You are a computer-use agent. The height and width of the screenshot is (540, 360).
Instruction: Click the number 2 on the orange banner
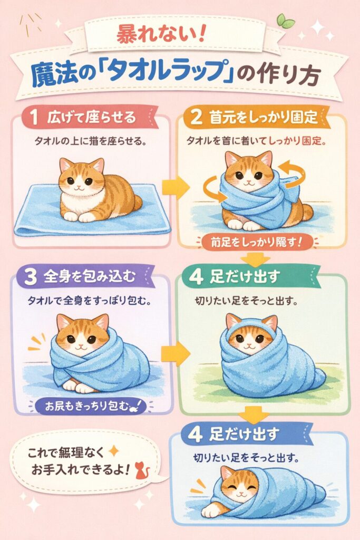(196, 117)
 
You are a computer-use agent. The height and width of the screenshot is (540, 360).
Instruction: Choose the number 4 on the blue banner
(196, 434)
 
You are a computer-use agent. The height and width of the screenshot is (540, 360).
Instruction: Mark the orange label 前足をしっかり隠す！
(255, 243)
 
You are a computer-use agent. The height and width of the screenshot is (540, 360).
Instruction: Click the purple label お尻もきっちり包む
(87, 406)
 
